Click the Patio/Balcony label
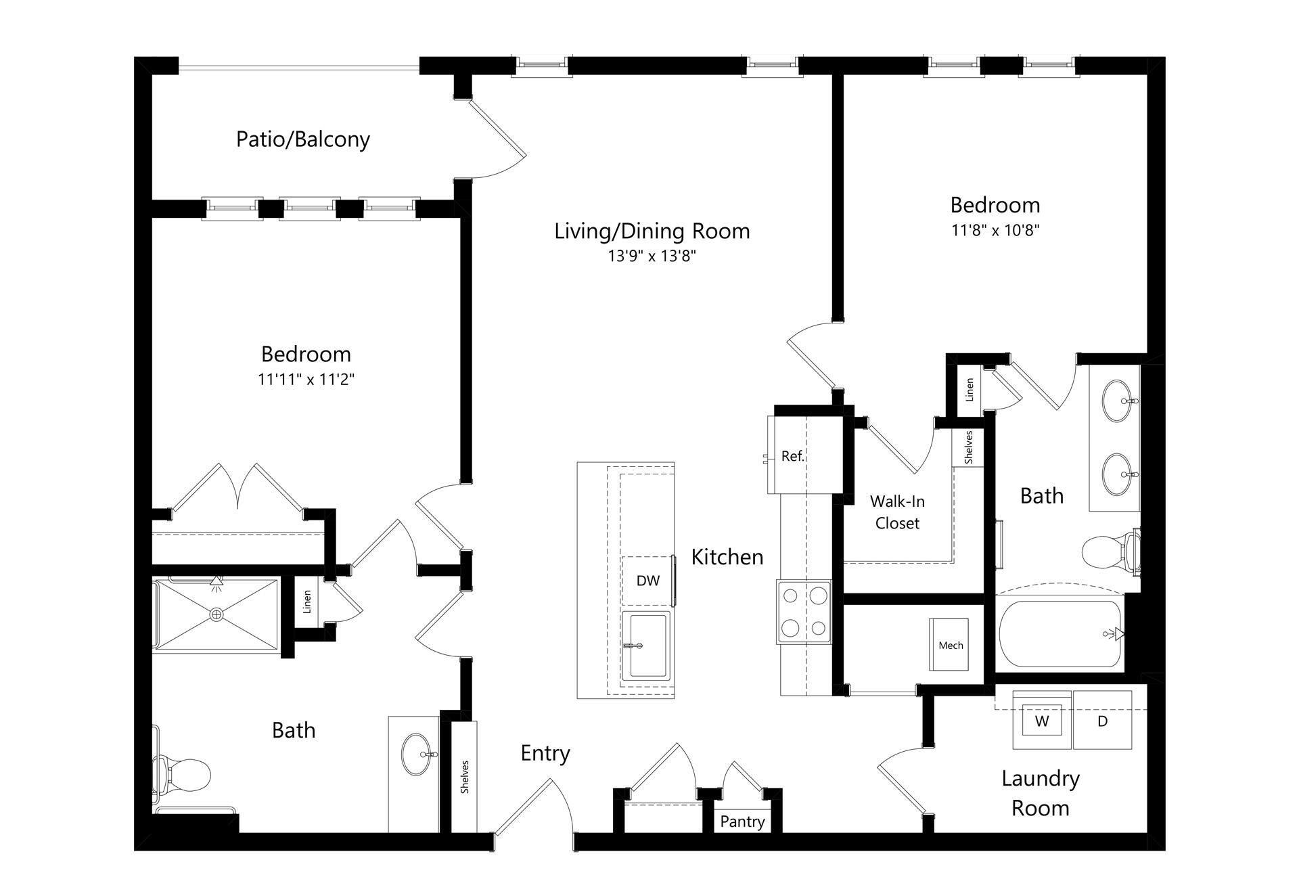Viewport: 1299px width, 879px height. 302,139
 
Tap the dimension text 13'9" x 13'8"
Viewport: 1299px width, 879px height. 652,256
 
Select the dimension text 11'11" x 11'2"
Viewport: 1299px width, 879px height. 306,380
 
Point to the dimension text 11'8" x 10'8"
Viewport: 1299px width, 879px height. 995,231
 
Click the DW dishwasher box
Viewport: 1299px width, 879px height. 647,581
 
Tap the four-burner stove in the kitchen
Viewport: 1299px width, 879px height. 804,612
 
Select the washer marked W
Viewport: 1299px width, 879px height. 1041,721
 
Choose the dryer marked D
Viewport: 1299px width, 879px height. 1102,721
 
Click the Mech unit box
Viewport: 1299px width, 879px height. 950,645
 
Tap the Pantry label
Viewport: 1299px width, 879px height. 742,821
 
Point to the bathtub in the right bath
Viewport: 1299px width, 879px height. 1059,634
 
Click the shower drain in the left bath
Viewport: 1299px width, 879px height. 216,614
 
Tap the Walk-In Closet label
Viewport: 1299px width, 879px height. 897,512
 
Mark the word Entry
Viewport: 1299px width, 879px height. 545,753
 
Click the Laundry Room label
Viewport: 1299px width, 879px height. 1040,793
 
